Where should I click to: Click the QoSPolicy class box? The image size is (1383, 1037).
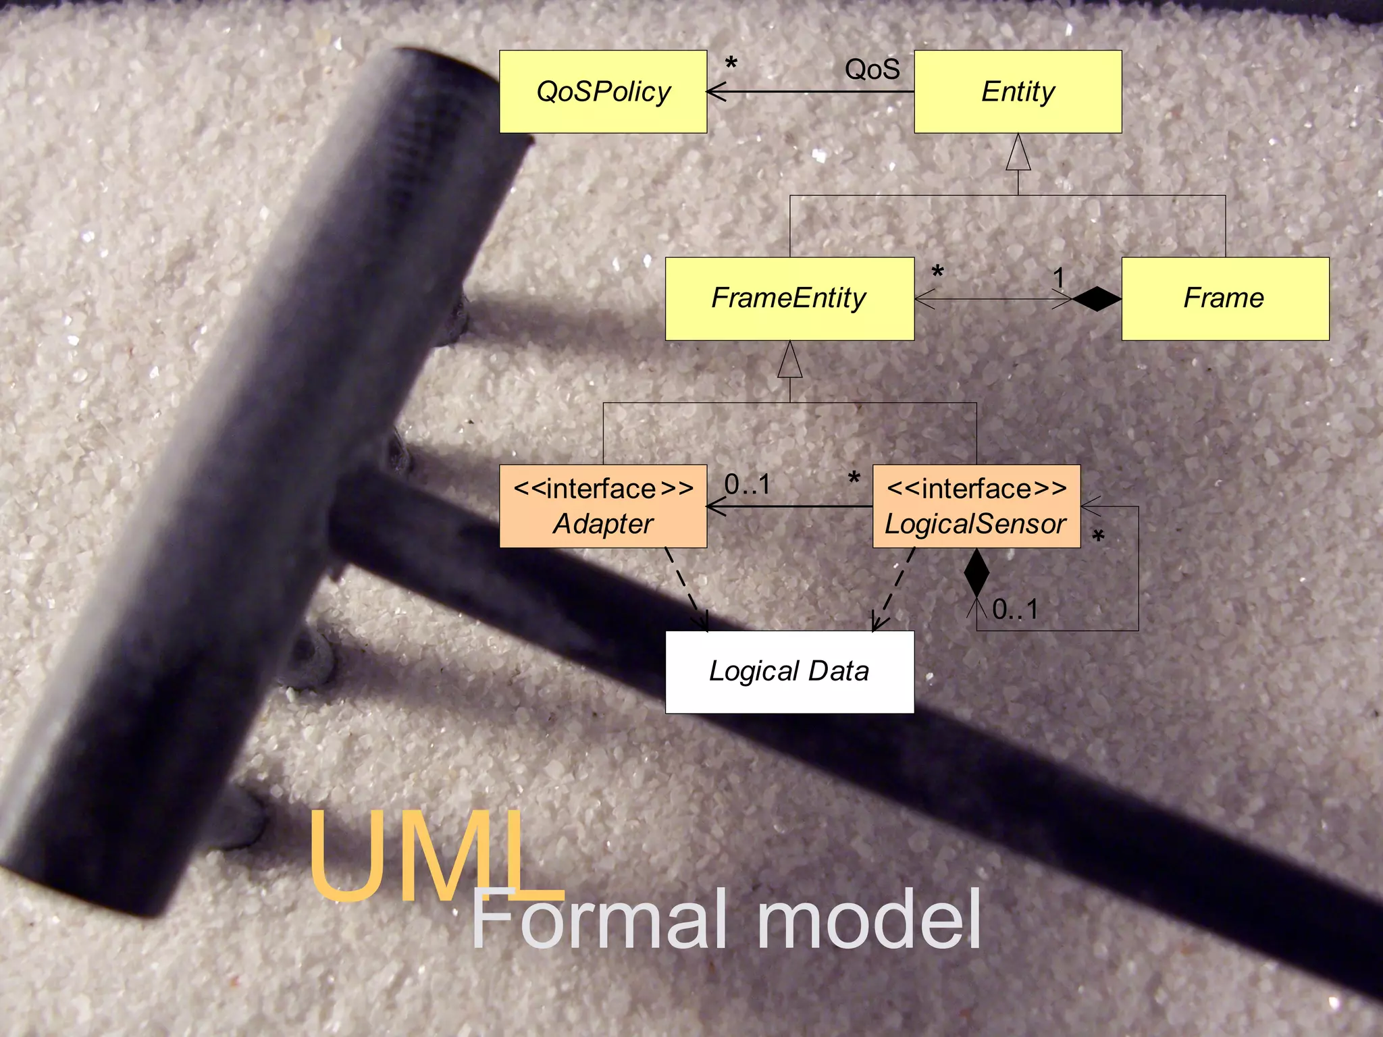point(603,92)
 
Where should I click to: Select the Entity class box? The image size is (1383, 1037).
point(1018,92)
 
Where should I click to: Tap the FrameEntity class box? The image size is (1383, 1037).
point(789,298)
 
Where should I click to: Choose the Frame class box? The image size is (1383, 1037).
point(1225,298)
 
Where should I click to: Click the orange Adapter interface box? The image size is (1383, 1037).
point(603,506)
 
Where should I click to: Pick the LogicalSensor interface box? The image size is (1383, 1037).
point(976,506)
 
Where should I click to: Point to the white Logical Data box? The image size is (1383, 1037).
point(789,672)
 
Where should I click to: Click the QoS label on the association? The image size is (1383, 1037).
point(872,69)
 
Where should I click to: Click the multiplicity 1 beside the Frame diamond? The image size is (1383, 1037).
point(1059,277)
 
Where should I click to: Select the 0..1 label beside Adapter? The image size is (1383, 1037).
point(747,484)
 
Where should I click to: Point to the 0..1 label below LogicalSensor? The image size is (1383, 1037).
point(1015,610)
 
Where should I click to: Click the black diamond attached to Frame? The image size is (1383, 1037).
point(1096,298)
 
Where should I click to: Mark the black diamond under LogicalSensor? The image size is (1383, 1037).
point(976,572)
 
